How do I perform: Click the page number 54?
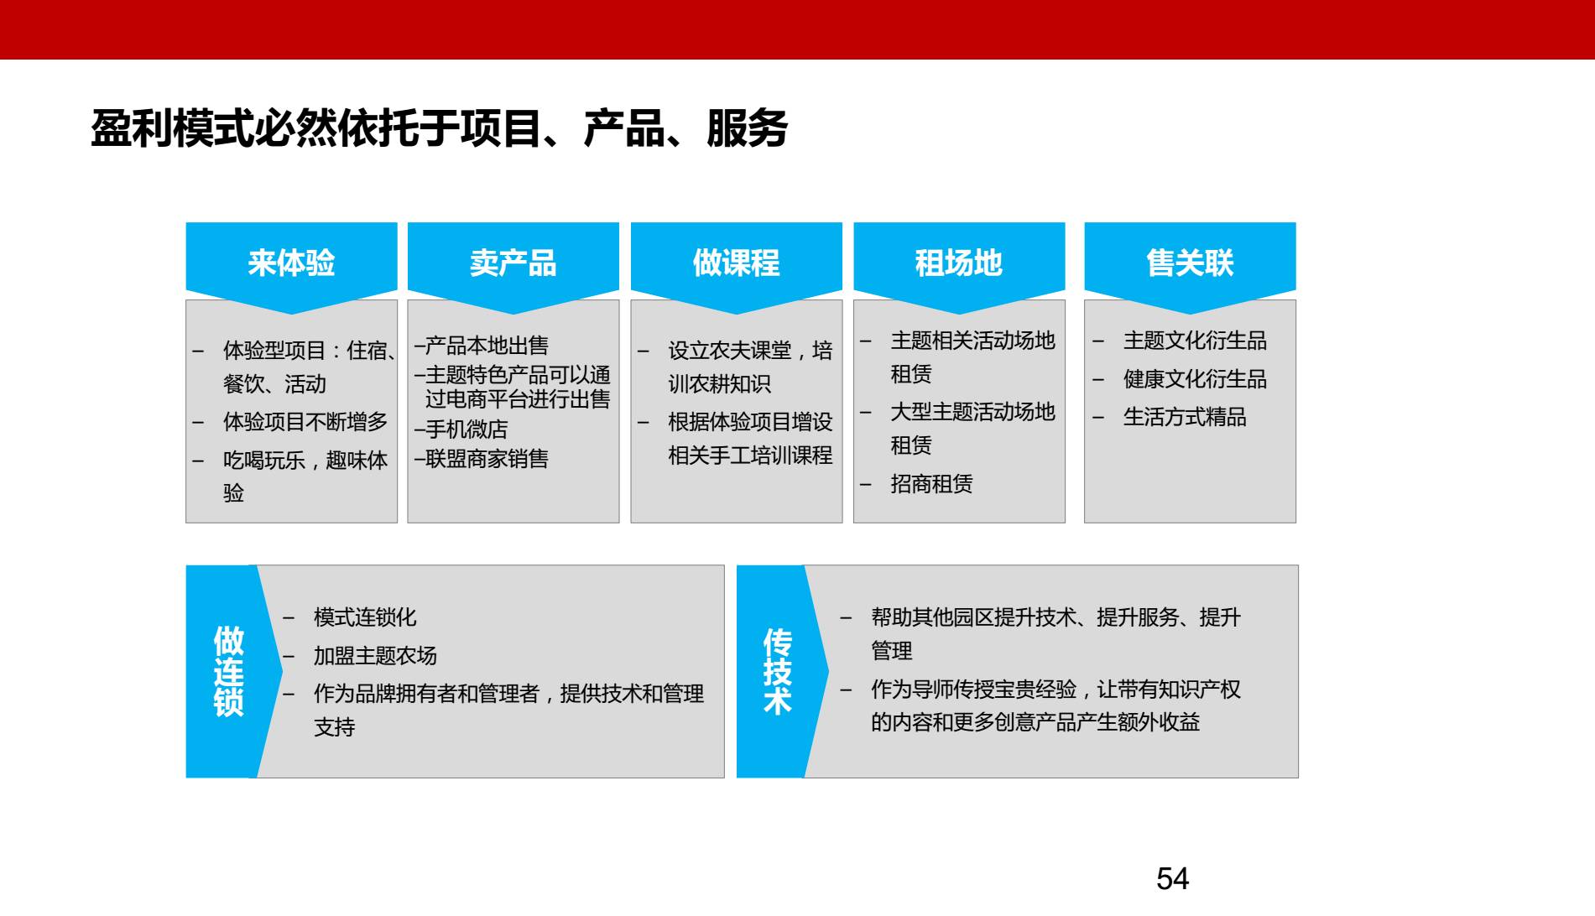[x=1172, y=878]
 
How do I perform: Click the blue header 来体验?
[x=291, y=263]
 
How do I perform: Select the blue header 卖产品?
[x=513, y=263]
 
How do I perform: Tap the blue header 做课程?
[x=736, y=263]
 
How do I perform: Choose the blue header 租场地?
[x=958, y=263]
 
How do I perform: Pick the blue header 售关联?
[x=1190, y=263]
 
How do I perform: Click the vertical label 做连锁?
[x=228, y=671]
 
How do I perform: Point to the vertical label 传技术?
[x=777, y=671]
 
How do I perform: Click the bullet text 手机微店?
[x=466, y=429]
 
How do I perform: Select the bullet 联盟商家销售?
[x=486, y=459]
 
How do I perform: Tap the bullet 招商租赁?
[x=931, y=484]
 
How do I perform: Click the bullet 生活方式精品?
[x=1184, y=417]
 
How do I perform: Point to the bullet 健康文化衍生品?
[x=1194, y=379]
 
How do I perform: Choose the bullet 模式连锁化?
[x=364, y=617]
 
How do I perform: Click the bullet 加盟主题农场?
[x=375, y=656]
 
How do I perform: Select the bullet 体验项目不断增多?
[x=305, y=422]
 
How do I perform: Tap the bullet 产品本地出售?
[x=486, y=346]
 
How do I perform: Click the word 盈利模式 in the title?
[x=172, y=129]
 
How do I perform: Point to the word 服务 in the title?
[x=747, y=129]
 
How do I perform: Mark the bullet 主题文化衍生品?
[x=1194, y=341]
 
